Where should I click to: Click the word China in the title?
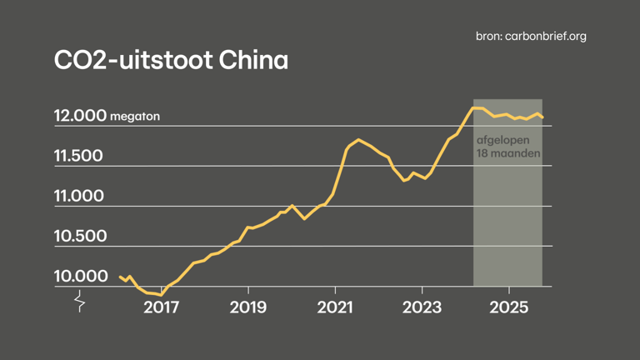249,61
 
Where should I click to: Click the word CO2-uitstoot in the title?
130,61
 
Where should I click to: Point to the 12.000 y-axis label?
80,117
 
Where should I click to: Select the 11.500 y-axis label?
78,157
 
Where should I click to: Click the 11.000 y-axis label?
78,197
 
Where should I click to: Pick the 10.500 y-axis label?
80,237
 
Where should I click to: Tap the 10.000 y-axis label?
80,277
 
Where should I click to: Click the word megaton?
135,117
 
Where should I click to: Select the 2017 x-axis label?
162,307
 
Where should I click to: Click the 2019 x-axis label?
248,307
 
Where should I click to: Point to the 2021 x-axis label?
334,307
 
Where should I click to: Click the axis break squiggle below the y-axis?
80,301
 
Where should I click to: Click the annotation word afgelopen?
502,141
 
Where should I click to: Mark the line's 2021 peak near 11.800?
358,140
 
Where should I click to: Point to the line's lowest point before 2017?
161,294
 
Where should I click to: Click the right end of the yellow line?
542,117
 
